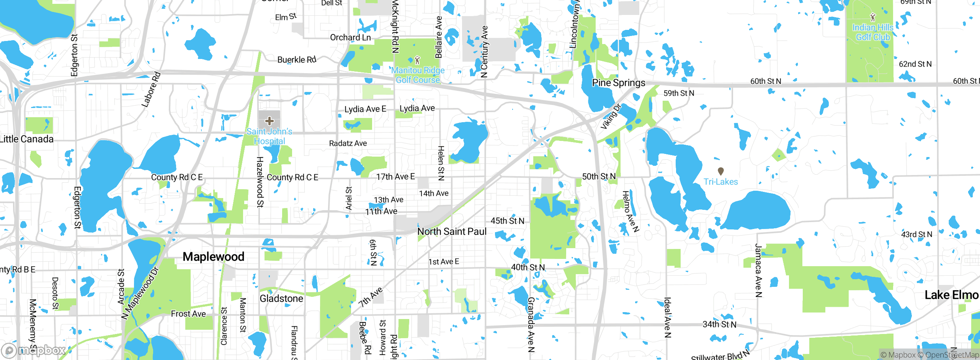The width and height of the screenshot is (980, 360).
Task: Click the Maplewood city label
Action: pyautogui.click(x=213, y=257)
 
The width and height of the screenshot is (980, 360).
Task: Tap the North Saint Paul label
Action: pyautogui.click(x=452, y=231)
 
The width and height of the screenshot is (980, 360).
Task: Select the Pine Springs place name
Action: pyautogui.click(x=618, y=83)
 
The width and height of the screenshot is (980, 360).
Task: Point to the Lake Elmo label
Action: pyautogui.click(x=951, y=295)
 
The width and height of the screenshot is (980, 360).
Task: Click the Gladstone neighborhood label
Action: pyautogui.click(x=281, y=298)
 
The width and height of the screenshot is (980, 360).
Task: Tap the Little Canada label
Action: pyautogui.click(x=27, y=139)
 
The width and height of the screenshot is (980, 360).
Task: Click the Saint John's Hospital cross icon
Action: pyautogui.click(x=269, y=121)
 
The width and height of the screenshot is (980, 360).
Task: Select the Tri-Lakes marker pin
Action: pyautogui.click(x=720, y=171)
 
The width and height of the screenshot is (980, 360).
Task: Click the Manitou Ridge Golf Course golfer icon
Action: pyautogui.click(x=417, y=60)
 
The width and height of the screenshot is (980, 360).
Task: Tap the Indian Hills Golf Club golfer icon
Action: pyautogui.click(x=873, y=17)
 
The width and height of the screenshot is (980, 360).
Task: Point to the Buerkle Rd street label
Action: pyautogui.click(x=297, y=60)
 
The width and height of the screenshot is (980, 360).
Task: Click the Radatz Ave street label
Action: pyautogui.click(x=348, y=143)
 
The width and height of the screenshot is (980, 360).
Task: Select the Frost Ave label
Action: pyautogui.click(x=188, y=314)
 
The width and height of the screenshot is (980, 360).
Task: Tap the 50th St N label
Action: pyautogui.click(x=599, y=177)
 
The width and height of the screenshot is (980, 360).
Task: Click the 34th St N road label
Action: pyautogui.click(x=719, y=324)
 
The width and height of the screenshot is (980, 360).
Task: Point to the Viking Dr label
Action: pyautogui.click(x=611, y=116)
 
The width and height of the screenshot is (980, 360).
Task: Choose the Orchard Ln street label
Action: pyautogui.click(x=350, y=38)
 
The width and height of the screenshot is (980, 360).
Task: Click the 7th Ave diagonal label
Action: pyautogui.click(x=371, y=297)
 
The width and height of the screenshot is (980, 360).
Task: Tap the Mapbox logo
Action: pyautogui.click(x=34, y=350)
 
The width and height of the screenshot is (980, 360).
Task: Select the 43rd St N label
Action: pyautogui.click(x=916, y=234)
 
